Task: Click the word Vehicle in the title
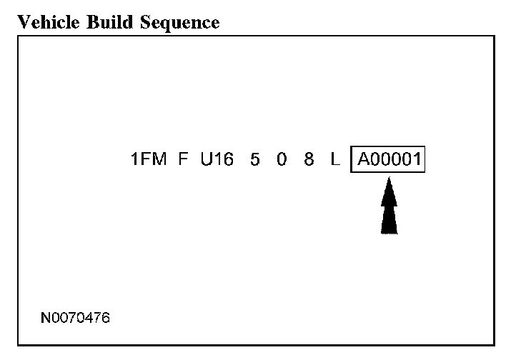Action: (43, 22)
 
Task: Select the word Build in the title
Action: (100, 22)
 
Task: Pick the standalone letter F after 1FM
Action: (184, 159)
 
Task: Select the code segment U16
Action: (217, 159)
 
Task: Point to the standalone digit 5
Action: (255, 159)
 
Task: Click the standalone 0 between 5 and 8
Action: (282, 159)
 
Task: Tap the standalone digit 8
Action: (309, 159)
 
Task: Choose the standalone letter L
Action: (334, 159)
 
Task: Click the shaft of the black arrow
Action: (389, 220)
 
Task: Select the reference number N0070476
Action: (76, 316)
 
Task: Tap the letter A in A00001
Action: (362, 159)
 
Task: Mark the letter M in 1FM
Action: (159, 159)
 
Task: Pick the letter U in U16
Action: (207, 159)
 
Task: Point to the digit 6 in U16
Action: (228, 159)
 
